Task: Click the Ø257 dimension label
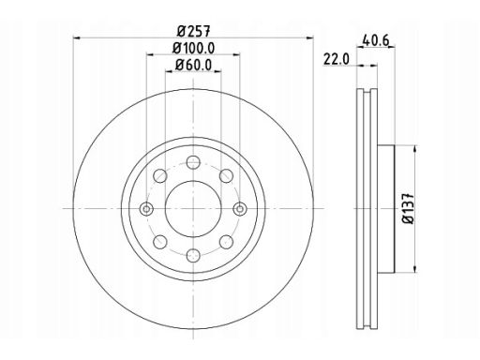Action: [x=194, y=31]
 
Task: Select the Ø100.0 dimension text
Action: [x=194, y=48]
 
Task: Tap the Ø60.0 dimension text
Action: [x=194, y=65]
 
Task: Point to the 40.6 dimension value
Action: [x=375, y=40]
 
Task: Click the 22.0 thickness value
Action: [x=337, y=59]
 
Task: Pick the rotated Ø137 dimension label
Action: [x=408, y=209]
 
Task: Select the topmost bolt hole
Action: [x=193, y=162]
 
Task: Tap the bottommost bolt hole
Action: [x=193, y=256]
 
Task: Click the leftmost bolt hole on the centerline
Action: [x=146, y=209]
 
